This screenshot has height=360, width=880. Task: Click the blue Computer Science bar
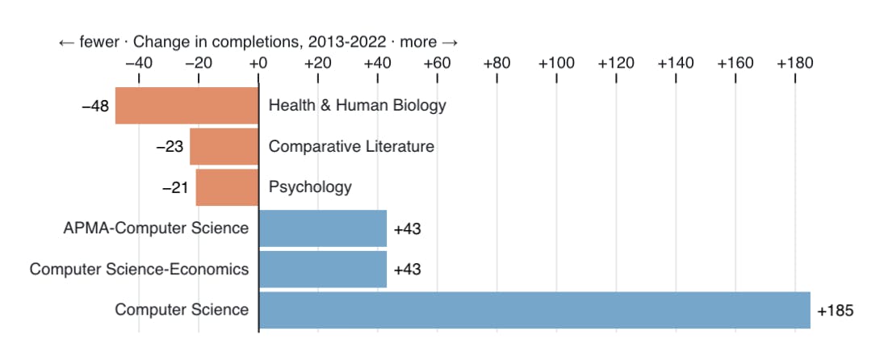[534, 311]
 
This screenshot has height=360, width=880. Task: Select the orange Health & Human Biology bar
[186, 106]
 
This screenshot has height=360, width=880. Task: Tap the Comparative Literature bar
[224, 147]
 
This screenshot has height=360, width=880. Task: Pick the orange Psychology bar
[227, 188]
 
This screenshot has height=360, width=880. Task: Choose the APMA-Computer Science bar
[322, 228]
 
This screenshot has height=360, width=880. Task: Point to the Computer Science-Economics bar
[322, 270]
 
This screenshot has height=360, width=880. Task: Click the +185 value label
[835, 311]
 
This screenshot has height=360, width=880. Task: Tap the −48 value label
[96, 106]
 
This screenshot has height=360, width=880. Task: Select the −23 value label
[170, 147]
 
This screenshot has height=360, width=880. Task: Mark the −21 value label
[176, 188]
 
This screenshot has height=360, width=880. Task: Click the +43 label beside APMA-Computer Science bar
[407, 229]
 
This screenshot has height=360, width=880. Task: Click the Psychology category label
[310, 187]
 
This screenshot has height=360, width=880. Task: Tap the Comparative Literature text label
[351, 147]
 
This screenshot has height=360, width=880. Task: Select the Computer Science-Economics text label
[139, 270]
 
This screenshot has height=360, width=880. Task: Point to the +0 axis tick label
[258, 63]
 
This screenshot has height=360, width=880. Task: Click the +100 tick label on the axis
[556, 63]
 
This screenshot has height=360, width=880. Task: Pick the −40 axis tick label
[138, 63]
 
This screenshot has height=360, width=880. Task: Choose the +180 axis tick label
[795, 63]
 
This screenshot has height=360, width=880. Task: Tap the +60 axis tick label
[437, 63]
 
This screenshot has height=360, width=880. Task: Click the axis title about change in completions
[258, 42]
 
